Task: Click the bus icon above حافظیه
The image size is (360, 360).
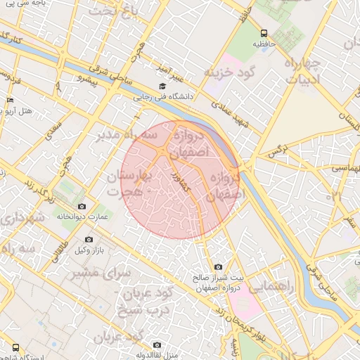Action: (264, 33)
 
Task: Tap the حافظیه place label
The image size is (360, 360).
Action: (264, 44)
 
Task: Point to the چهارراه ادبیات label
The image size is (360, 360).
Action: (302, 73)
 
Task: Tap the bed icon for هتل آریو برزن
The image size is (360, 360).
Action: (9, 101)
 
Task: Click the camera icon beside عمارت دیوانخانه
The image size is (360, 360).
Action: (82, 206)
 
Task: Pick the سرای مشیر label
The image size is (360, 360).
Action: (106, 271)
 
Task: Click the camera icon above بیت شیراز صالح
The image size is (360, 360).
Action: (218, 267)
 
